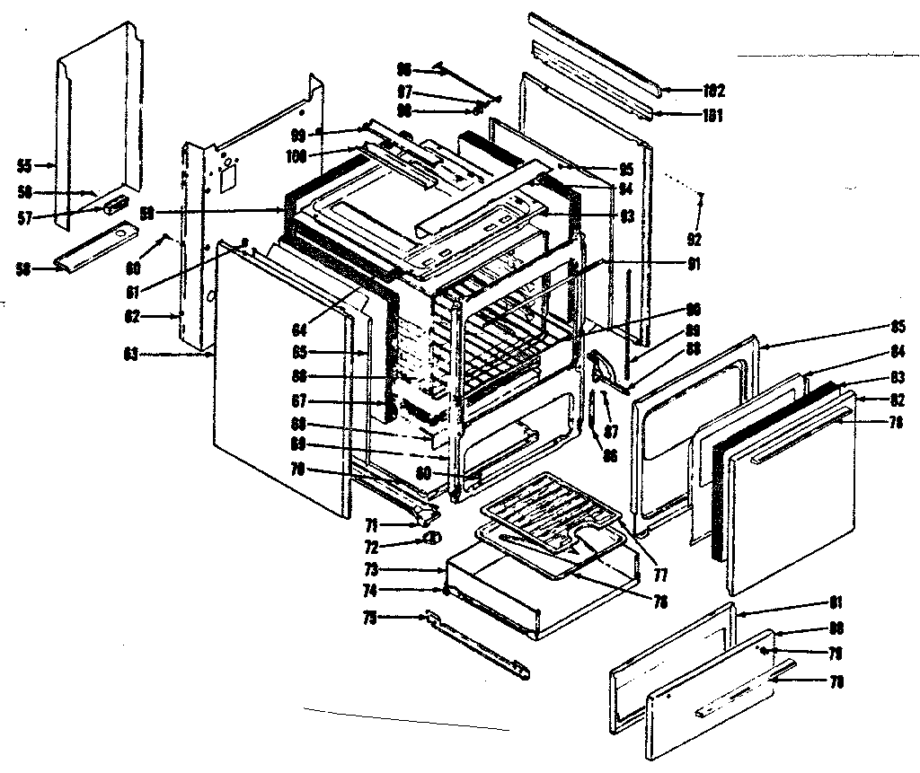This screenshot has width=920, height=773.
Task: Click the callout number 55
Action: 24,165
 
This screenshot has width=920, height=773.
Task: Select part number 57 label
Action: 24,216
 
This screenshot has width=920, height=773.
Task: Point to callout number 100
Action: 296,156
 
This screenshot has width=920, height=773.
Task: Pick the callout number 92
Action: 694,240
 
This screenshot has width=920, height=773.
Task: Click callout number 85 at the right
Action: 898,326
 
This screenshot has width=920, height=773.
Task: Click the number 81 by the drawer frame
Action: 836,602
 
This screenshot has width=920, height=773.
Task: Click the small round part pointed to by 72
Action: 432,539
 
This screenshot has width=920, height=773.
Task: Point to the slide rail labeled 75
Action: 476,645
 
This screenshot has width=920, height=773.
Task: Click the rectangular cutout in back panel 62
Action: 228,179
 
